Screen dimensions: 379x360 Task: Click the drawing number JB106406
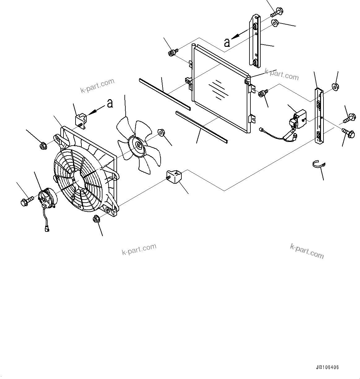pos(327,368)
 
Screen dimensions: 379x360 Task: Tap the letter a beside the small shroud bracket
pos(110,103)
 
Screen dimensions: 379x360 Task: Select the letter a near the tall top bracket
pos(227,42)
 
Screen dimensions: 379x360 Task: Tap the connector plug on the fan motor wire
pos(47,229)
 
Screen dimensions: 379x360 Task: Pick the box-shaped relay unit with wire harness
pos(299,119)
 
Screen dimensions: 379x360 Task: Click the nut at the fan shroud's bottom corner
pos(96,219)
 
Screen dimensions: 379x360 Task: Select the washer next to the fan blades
pos(161,133)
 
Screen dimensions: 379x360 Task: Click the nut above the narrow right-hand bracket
pos(335,86)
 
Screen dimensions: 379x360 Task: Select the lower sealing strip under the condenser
pos(201,127)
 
